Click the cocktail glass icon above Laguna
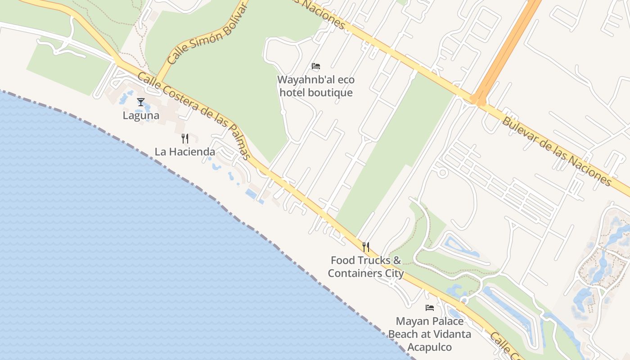pyautogui.click(x=141, y=102)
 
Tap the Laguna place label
pyautogui.click(x=141, y=116)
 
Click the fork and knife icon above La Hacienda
pyautogui.click(x=185, y=138)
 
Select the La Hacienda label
pyautogui.click(x=185, y=152)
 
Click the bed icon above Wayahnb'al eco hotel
pyautogui.click(x=316, y=66)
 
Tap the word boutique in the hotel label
pyautogui.click(x=333, y=93)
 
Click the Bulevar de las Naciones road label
pyautogui.click(x=557, y=151)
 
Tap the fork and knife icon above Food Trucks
pyautogui.click(x=366, y=247)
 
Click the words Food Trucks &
pyautogui.click(x=365, y=260)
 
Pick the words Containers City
pyautogui.click(x=365, y=273)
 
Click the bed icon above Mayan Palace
pyautogui.click(x=430, y=308)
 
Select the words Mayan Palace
pyautogui.click(x=430, y=321)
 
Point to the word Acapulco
pyautogui.click(x=430, y=347)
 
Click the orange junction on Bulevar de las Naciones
pyautogui.click(x=478, y=99)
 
